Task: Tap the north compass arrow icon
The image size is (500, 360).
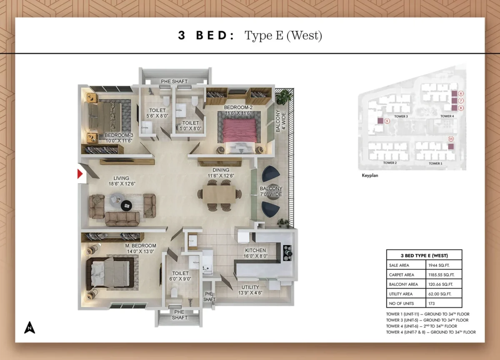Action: coord(29,327)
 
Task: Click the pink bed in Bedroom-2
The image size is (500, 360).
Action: coord(239,131)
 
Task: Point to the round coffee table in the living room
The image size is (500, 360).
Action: coord(126,205)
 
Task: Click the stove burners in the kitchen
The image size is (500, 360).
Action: coord(287,252)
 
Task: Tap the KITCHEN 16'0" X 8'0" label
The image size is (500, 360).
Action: coord(255,253)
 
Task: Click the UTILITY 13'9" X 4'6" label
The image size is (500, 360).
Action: coord(250,290)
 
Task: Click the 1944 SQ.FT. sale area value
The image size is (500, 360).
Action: coord(439,265)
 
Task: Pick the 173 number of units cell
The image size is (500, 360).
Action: coord(431,303)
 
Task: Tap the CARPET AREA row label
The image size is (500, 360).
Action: coord(401,275)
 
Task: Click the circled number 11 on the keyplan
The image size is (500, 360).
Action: coord(450,139)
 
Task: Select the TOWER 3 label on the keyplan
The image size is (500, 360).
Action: coord(401,117)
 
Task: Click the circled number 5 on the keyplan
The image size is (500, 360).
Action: coord(387,121)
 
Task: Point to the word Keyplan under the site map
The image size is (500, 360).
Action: coord(370,176)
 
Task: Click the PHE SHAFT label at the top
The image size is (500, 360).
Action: coord(174,81)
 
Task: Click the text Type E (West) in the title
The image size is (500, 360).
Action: coord(283,35)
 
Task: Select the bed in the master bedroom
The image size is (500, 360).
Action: coord(110,273)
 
